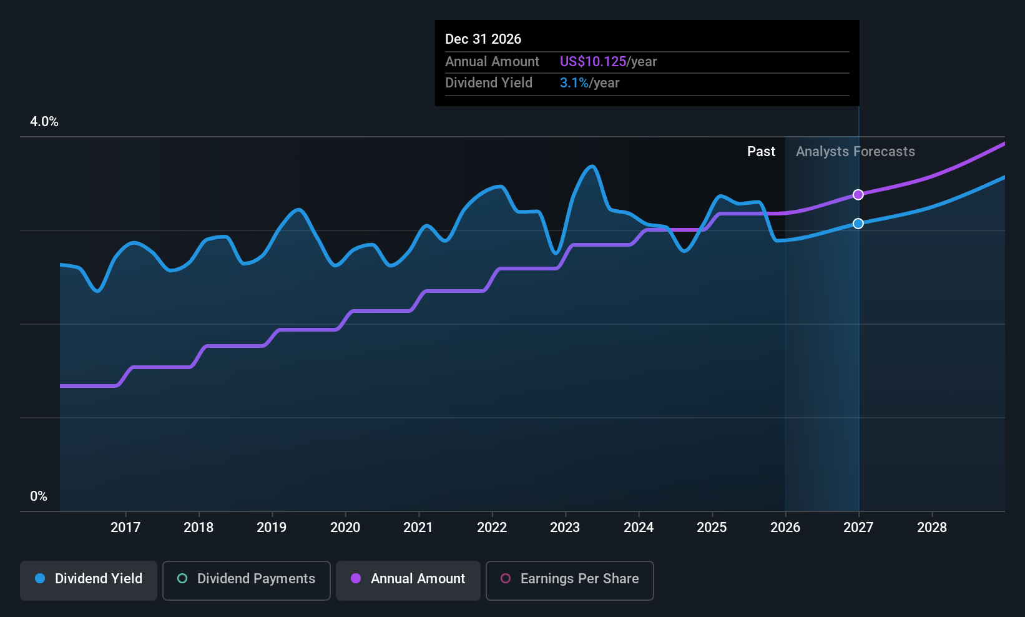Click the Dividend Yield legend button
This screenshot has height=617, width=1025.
pos(88,580)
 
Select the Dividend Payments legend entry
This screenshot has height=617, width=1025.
pos(246,580)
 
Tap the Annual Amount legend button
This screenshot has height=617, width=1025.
pos(408,580)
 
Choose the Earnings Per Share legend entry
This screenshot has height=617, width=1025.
pos(570,580)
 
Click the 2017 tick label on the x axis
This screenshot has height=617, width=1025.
pos(125,527)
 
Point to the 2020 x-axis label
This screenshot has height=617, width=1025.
pos(345,527)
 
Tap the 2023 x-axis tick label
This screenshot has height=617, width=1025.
pos(565,527)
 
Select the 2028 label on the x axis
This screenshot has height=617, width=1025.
pos(932,527)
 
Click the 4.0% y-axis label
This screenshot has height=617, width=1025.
pos(44,122)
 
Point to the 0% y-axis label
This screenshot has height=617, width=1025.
pos(39,496)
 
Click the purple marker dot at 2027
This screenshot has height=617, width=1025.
pos(858,194)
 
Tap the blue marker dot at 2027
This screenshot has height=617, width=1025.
pos(858,224)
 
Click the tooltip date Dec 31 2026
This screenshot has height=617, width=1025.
pos(483,39)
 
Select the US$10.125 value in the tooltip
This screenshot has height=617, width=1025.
pos(593,61)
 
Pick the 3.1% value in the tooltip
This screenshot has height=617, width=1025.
pos(574,83)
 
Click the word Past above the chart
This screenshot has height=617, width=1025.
pos(762,152)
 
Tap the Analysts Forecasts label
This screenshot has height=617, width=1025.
pos(855,152)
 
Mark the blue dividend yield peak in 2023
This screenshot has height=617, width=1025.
pos(592,166)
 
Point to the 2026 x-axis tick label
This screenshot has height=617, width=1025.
pos(785,527)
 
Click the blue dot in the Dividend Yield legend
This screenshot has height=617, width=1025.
pos(41,578)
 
